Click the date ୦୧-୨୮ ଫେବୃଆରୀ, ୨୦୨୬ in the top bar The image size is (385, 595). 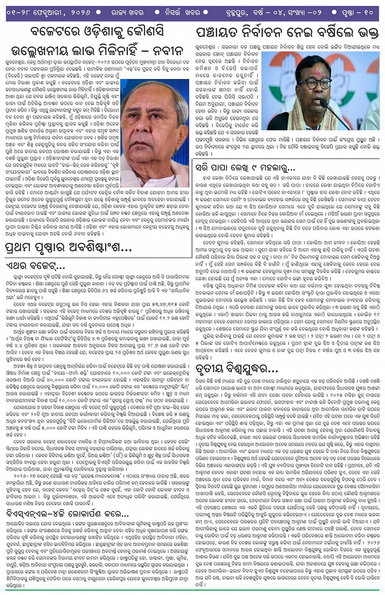(x=48, y=12)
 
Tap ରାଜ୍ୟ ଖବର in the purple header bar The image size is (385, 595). (x=128, y=12)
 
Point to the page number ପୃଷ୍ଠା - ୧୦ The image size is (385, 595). (x=357, y=12)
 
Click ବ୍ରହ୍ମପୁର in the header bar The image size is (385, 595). (x=231, y=13)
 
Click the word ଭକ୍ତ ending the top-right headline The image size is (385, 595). (x=368, y=32)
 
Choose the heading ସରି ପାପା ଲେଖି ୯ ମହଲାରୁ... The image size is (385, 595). (x=245, y=167)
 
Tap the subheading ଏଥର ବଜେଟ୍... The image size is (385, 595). (x=35, y=266)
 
